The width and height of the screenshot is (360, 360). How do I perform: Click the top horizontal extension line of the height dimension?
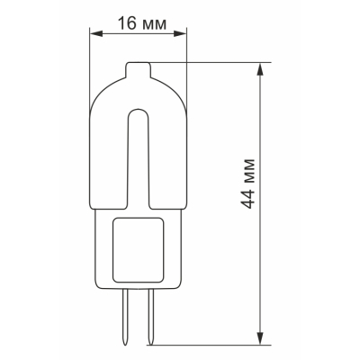[216, 61]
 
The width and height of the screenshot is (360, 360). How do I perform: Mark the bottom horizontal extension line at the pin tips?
[216, 344]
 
